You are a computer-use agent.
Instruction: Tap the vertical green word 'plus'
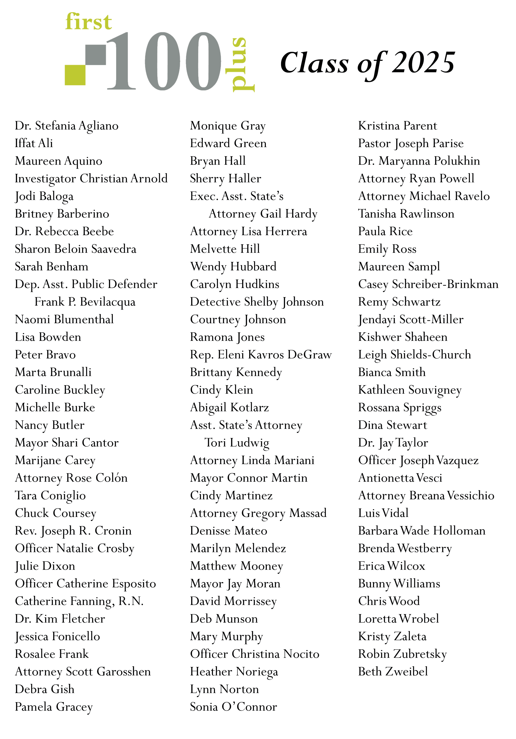[242, 64]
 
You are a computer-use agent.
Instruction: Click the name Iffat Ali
[34, 143]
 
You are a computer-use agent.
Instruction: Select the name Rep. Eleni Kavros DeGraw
[261, 355]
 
